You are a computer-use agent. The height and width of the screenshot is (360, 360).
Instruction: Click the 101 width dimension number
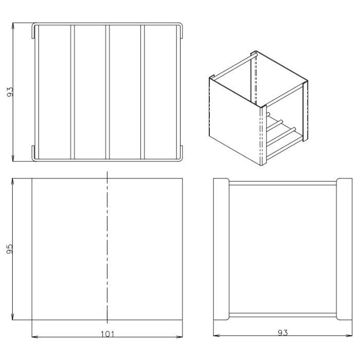point(107,334)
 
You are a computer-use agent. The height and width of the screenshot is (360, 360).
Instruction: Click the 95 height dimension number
point(10,249)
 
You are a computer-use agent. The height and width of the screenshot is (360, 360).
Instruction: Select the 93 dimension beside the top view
point(10,92)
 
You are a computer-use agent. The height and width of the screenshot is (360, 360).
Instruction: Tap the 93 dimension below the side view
point(283,332)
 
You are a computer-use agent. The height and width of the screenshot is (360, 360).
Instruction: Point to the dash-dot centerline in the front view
point(107,247)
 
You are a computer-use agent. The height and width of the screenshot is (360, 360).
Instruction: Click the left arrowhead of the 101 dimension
point(35,337)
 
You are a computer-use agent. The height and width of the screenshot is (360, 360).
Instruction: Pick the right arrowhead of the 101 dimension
point(179,337)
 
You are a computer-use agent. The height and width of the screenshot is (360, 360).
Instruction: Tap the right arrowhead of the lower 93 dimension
point(349,335)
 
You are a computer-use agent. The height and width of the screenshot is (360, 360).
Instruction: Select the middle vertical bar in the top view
point(107,92)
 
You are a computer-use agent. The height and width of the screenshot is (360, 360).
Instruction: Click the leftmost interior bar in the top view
point(73,92)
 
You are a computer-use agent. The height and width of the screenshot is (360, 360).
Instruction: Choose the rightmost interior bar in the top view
point(142,92)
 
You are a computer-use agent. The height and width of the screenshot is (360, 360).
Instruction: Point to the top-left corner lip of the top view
point(33,30)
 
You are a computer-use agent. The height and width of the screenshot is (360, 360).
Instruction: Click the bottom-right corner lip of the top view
point(182,153)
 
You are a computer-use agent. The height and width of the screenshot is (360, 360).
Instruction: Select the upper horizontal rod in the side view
point(283,183)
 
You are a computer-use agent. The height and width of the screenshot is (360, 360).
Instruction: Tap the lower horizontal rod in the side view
point(283,315)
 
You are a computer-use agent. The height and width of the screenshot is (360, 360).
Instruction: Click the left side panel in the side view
point(221,249)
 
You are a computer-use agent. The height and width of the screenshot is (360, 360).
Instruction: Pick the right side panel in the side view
point(345,249)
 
